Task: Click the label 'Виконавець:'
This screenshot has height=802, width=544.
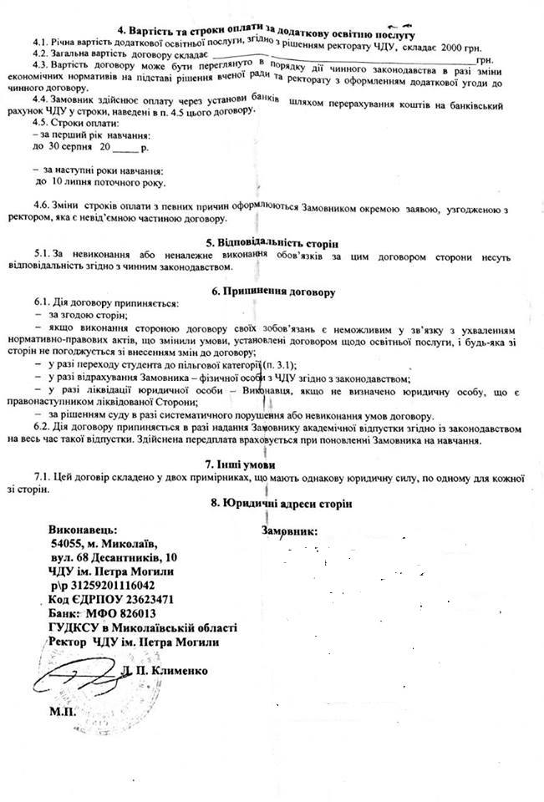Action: pos(83,530)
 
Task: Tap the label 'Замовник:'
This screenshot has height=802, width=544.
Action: pos(290,531)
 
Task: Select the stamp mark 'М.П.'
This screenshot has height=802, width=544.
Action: pos(62,713)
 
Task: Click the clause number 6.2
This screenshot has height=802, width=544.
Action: pos(42,428)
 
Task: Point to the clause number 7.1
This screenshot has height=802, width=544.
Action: pos(42,476)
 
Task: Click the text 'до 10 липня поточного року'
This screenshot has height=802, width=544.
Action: pos(99,182)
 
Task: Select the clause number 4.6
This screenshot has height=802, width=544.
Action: pos(42,206)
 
